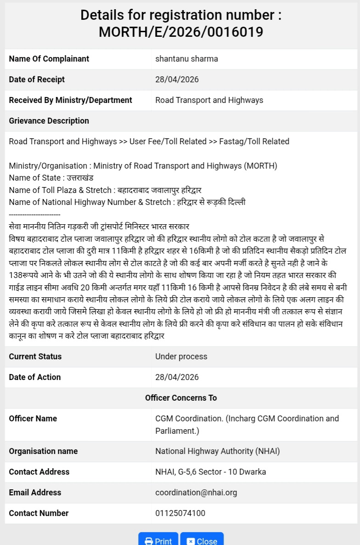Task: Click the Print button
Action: [x=158, y=540]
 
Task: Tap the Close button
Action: [x=202, y=540]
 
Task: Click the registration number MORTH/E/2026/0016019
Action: [x=181, y=32]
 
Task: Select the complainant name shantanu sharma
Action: [x=186, y=59]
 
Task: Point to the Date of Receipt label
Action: [x=37, y=79]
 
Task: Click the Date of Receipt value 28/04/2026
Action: [x=177, y=79]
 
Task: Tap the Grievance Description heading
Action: [x=49, y=121]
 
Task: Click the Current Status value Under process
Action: [x=181, y=357]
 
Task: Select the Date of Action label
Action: [x=35, y=377]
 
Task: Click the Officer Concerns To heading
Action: [x=181, y=398]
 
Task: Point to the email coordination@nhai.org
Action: [x=196, y=493]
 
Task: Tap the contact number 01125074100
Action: [x=180, y=513]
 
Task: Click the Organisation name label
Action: [x=43, y=451]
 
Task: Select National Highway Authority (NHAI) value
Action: [x=217, y=451]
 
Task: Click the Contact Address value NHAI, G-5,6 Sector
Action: [x=210, y=472]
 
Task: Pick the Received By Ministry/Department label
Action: [x=70, y=100]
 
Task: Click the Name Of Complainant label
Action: [x=49, y=59]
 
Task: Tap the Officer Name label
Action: [x=33, y=419]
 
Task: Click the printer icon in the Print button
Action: [x=149, y=541]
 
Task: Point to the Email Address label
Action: [x=35, y=493]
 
